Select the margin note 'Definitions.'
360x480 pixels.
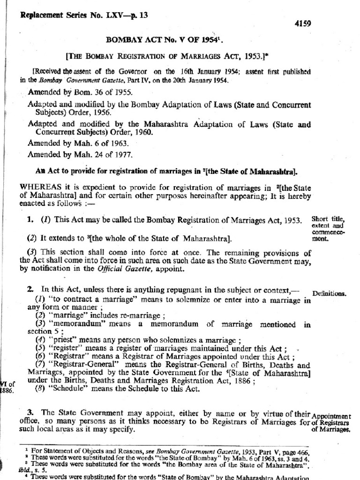pyautogui.click(x=329, y=294)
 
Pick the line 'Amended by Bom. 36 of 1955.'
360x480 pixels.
pyautogui.click(x=74, y=92)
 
